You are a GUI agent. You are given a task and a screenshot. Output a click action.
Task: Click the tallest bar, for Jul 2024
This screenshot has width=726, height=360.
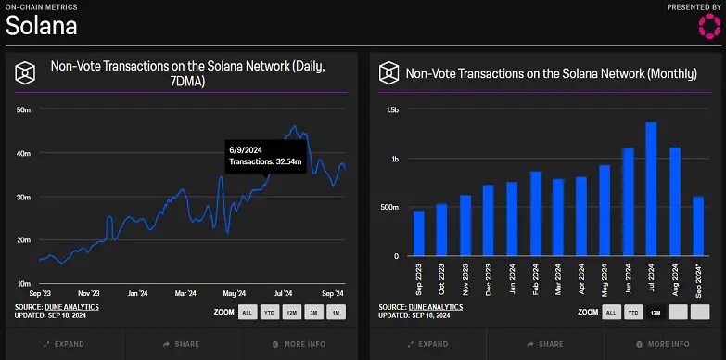pos(651,189)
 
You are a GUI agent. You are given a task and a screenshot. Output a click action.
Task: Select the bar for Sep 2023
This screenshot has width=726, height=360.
pos(419,233)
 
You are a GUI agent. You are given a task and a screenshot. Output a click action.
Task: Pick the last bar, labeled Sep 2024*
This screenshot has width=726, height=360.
pos(698,226)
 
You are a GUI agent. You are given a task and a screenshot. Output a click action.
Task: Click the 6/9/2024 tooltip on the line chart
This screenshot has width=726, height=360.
pos(266,155)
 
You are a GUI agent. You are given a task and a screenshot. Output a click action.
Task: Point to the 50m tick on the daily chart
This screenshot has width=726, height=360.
pos(24,110)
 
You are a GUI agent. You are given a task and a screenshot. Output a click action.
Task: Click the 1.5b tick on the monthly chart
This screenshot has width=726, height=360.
pos(392,110)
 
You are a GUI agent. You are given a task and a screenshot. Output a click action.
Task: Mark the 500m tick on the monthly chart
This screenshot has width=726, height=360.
pos(389,208)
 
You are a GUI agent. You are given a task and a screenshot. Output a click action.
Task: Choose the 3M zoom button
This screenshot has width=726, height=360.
pos(312,312)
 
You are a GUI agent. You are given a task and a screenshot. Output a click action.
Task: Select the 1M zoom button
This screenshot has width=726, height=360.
pos(336,312)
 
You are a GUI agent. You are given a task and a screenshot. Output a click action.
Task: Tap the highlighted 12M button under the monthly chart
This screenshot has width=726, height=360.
pos(655,313)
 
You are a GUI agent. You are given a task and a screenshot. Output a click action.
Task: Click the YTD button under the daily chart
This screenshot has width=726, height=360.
pos(269,312)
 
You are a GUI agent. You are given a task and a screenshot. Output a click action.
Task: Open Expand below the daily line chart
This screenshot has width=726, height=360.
pos(64,344)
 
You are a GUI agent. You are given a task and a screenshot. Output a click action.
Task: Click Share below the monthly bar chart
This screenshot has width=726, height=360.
pos(545,344)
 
